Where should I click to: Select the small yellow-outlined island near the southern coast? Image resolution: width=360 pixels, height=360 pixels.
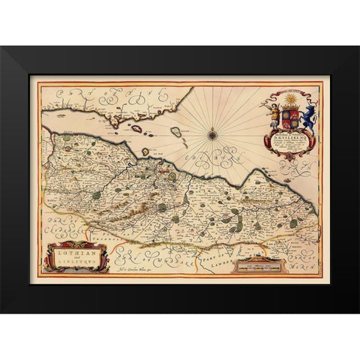tap(145, 151)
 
